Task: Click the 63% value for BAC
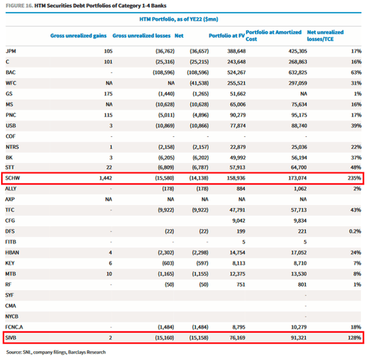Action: pos(355,73)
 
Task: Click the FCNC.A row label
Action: pos(15,326)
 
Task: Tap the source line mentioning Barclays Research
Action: pos(56,352)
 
